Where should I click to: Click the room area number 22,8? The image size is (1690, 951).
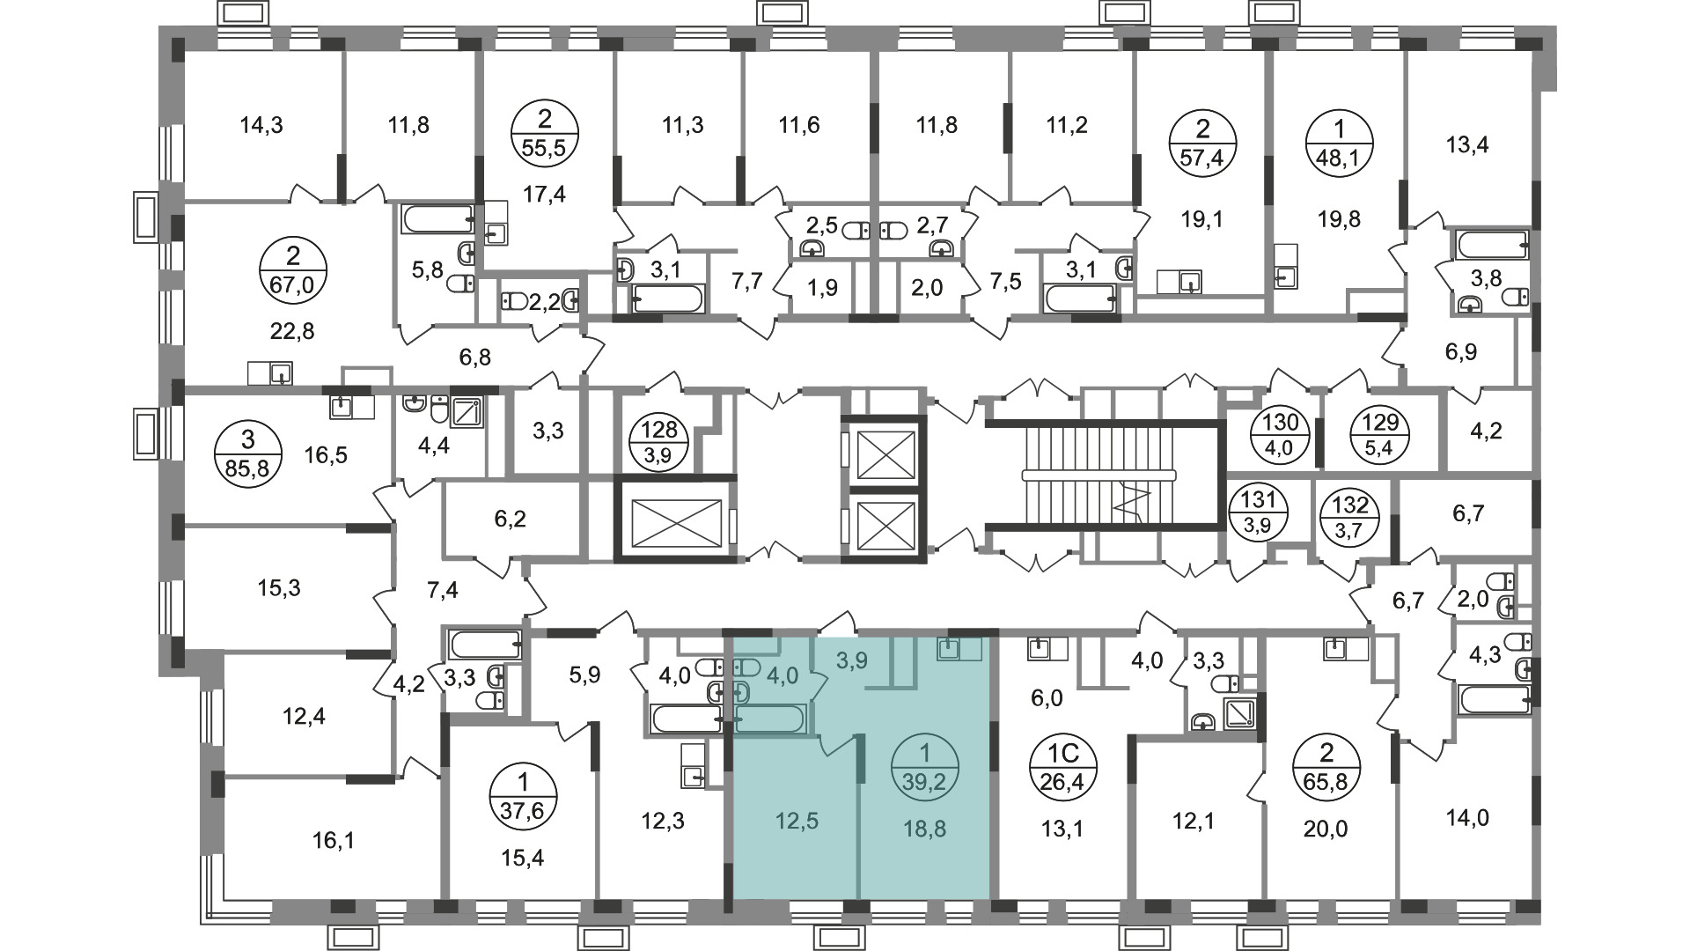tap(293, 331)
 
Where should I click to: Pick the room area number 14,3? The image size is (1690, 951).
tap(261, 125)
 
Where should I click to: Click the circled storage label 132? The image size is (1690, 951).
tap(1351, 518)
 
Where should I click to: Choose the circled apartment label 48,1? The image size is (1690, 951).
tap(1340, 144)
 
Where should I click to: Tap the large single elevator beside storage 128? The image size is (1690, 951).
tap(673, 519)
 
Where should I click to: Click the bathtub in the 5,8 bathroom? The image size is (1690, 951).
tap(438, 219)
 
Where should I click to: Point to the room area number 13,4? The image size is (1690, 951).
tap(1467, 144)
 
